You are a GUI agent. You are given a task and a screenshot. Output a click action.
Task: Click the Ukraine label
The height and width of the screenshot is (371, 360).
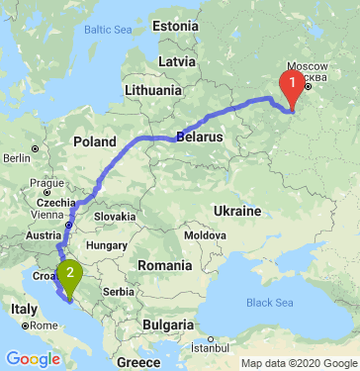[235, 212]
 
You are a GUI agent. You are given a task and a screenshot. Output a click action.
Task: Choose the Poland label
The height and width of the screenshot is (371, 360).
[94, 141]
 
